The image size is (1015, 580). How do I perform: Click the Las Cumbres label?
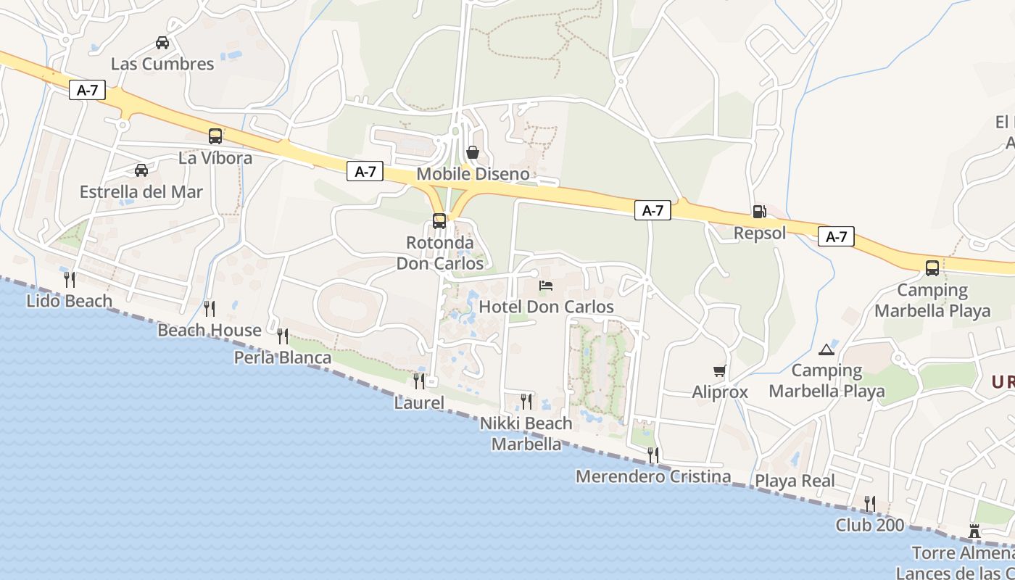click(162, 64)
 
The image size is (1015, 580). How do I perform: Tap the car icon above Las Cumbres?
click(162, 43)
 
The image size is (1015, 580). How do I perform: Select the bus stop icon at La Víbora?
click(215, 136)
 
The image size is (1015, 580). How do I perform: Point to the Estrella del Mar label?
click(141, 192)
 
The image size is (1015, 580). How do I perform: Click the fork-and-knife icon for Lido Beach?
click(70, 279)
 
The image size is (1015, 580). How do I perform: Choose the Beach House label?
click(210, 331)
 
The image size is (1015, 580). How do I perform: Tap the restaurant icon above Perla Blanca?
click(283, 336)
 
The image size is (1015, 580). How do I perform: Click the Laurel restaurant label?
click(419, 402)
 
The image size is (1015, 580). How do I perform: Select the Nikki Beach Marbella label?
click(526, 434)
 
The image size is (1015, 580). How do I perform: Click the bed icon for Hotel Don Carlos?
click(546, 286)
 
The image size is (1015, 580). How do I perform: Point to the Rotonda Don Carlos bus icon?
click(439, 221)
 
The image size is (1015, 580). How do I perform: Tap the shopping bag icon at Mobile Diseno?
click(473, 152)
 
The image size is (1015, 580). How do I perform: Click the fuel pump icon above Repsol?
click(759, 212)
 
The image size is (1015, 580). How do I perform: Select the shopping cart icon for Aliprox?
click(719, 371)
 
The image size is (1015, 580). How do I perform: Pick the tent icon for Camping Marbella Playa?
click(826, 350)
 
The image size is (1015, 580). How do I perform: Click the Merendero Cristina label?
click(653, 477)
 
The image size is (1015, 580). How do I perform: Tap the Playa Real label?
click(795, 481)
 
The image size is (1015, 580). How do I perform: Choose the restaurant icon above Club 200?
click(870, 504)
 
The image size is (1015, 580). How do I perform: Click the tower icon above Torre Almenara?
click(974, 532)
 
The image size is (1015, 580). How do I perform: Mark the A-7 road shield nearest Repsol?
click(836, 236)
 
